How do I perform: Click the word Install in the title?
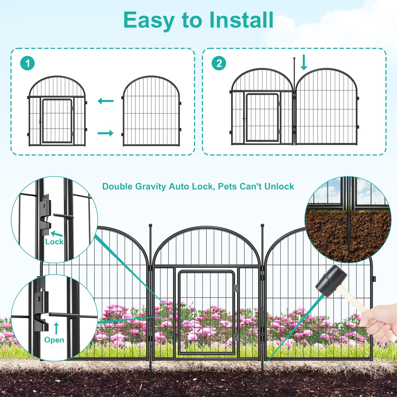[241, 20]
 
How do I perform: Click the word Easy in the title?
[149, 21]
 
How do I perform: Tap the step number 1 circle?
[27, 63]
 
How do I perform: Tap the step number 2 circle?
[219, 63]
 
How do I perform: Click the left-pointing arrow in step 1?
[106, 101]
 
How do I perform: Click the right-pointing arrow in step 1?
[106, 133]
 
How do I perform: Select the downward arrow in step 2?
[304, 62]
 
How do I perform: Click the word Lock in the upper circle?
[54, 242]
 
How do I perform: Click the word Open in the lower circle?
[54, 340]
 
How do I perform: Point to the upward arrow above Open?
[56, 328]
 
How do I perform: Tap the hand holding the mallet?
[379, 326]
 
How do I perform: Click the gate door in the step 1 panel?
[57, 121]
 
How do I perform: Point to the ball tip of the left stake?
[150, 226]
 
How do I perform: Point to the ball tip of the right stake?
[262, 226]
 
